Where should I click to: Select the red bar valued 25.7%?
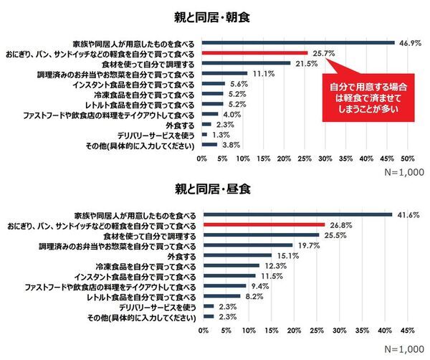pyautogui.click(x=254, y=53)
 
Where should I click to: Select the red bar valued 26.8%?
pyautogui.click(x=262, y=224)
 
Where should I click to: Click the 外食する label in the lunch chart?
pyautogui.click(x=181, y=255)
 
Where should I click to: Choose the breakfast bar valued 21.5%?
pyautogui.click(x=245, y=63)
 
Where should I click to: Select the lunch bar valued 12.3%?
pyautogui.click(x=229, y=265)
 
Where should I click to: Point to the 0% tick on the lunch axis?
pyautogui.click(x=202, y=331)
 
